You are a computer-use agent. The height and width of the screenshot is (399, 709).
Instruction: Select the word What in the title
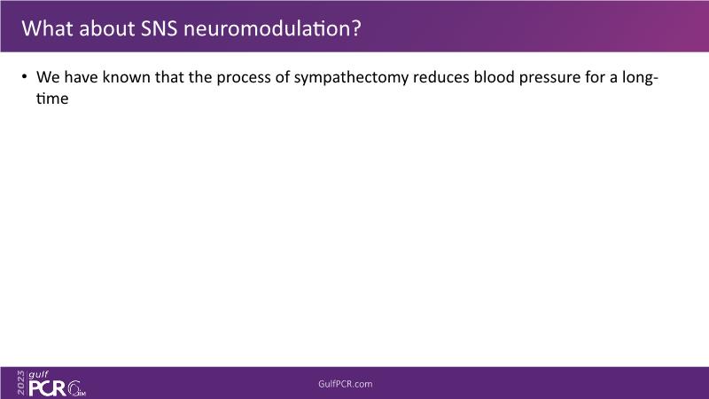pos(48,28)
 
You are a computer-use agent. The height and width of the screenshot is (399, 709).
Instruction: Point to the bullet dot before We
pos(24,76)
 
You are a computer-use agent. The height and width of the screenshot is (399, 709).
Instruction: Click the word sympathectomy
pos(351,78)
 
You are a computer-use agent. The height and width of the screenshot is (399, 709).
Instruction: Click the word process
pos(244,78)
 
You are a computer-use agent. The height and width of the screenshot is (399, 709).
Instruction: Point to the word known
pos(126,77)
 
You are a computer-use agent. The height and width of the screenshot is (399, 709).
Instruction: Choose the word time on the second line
pos(52,98)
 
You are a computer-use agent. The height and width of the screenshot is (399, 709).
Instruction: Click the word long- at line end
pos(640,78)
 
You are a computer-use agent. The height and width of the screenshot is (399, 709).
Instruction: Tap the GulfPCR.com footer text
pos(346,384)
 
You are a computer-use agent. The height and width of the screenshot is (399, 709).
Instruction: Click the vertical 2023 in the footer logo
pos(20,383)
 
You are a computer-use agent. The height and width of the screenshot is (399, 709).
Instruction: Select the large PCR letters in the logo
pos(48,388)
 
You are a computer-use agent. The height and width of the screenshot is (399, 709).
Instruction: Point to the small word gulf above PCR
pos(38,375)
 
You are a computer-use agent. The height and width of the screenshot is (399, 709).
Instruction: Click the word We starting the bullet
pos(48,77)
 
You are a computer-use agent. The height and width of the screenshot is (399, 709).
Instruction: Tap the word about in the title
pos(106,28)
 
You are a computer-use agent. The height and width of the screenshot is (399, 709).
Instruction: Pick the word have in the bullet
pos(81,77)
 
